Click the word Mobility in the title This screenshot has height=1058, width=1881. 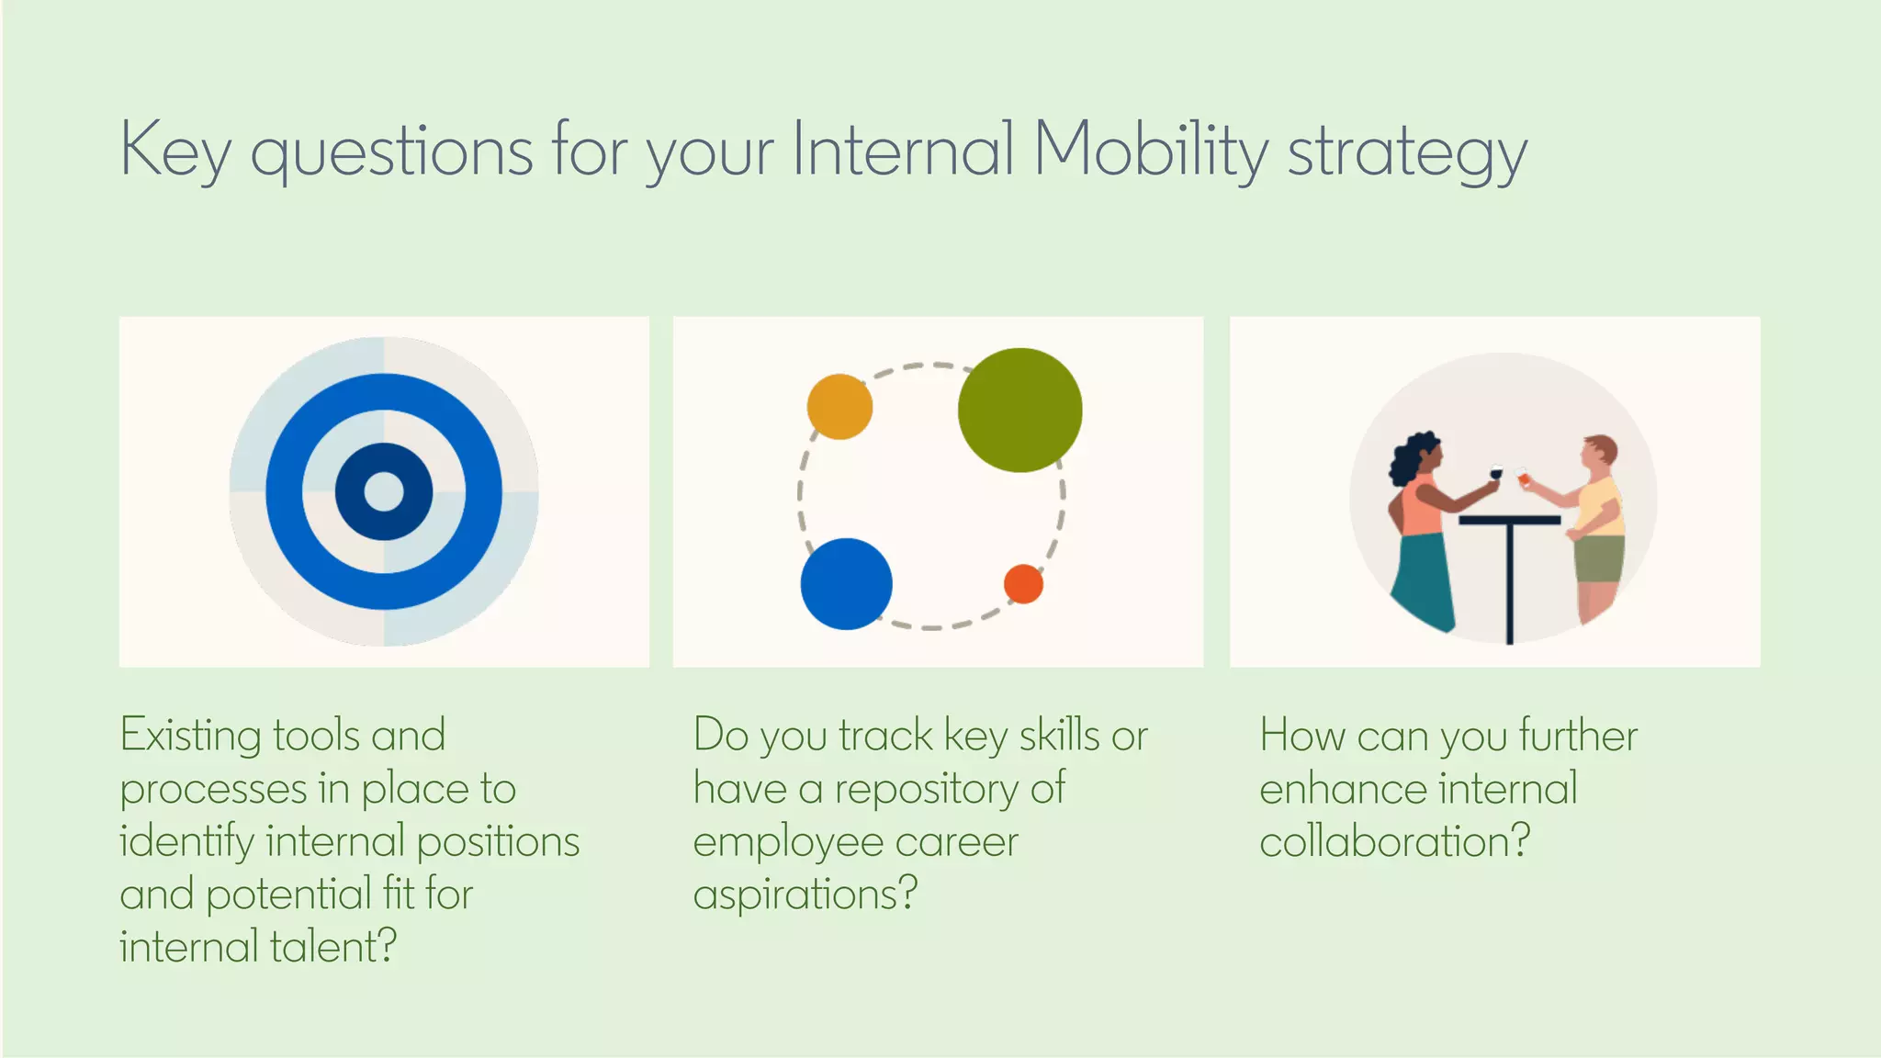point(1151,150)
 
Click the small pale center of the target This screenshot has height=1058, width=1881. point(384,491)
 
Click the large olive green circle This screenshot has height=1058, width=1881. point(1019,410)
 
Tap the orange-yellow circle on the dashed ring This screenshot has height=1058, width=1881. point(839,406)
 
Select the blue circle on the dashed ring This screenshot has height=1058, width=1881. point(846,584)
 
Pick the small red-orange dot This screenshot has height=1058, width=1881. point(1023,583)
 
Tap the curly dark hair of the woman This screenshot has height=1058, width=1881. point(1408,456)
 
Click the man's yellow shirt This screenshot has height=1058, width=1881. point(1600,505)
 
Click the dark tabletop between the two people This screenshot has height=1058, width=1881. point(1509,520)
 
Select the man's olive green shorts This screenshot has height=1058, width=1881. point(1599,558)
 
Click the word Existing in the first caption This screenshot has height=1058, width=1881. point(190,737)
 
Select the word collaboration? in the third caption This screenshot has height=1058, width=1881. point(1393,841)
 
